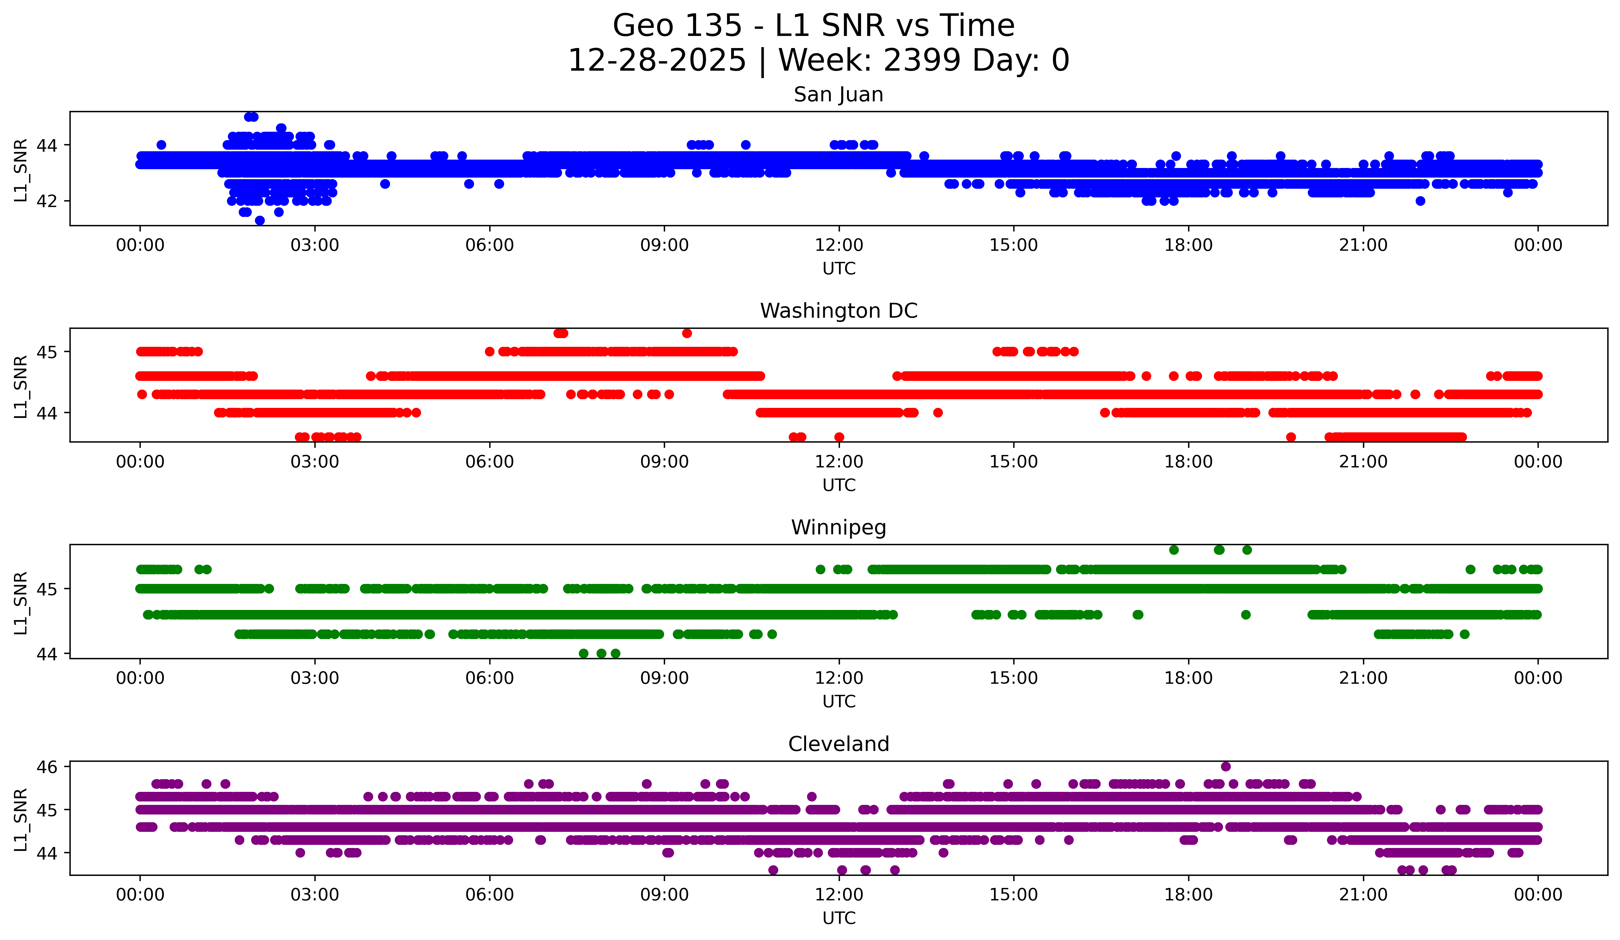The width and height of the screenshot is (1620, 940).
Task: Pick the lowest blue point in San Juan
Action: click(x=260, y=220)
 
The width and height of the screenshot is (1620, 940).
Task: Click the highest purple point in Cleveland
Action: click(x=1225, y=766)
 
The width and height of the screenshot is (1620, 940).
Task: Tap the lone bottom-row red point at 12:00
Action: click(x=839, y=437)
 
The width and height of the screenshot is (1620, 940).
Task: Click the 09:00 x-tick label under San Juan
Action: click(x=664, y=245)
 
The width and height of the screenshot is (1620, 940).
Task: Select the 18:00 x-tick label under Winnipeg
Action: click(x=1188, y=678)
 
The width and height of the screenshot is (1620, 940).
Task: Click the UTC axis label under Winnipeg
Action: click(x=838, y=702)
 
